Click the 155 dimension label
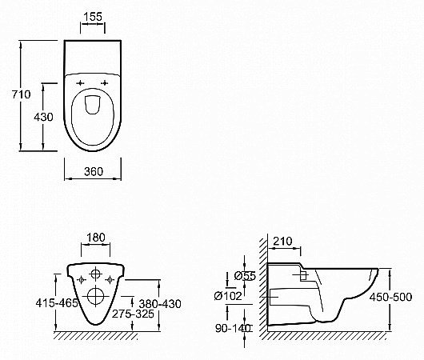(93, 17)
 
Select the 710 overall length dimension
(22, 94)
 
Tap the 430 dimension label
(43, 117)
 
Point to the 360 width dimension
(94, 171)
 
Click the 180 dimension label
(96, 238)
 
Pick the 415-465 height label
(57, 303)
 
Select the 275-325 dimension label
(133, 314)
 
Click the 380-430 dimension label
(160, 304)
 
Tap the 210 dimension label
(282, 241)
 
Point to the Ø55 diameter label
(245, 276)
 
